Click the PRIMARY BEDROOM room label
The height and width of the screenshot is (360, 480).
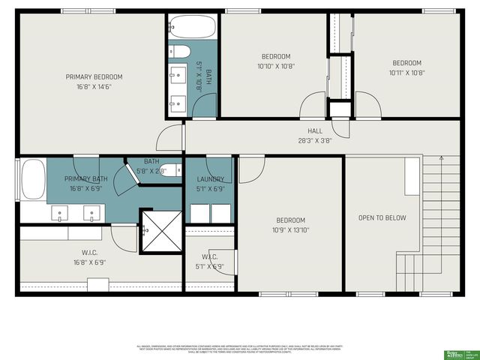pos(94,76)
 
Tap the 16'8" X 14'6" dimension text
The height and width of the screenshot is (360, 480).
pos(94,86)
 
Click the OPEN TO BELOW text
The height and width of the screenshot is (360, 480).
pos(382,218)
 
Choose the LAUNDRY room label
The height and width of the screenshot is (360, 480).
pos(211,179)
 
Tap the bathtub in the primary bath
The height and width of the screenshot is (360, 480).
pos(33,180)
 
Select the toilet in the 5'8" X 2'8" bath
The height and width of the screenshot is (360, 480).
pos(170,169)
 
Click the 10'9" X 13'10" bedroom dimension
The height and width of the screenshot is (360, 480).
pos(290,230)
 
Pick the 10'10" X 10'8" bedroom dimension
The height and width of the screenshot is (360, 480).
pos(275,66)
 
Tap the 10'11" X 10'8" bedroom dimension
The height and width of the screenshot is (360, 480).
pos(406,73)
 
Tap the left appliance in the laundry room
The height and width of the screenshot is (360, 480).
pos(199,213)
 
